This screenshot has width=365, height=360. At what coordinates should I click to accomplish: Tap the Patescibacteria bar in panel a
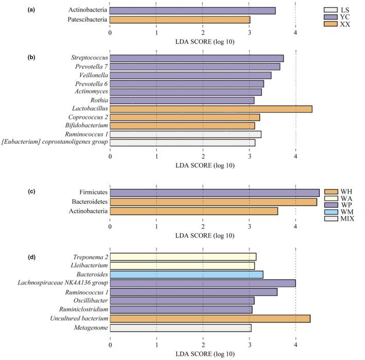pyautogui.click(x=180, y=20)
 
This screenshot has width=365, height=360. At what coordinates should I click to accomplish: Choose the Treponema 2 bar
pyautogui.click(x=183, y=256)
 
